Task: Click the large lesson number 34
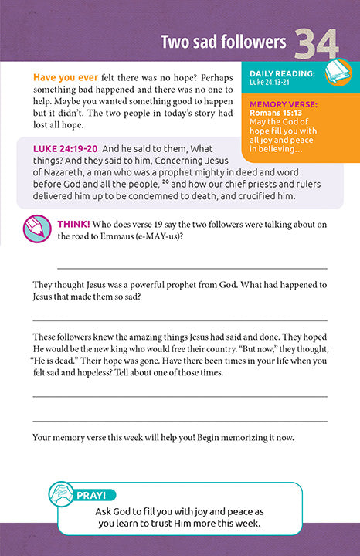pos(317,43)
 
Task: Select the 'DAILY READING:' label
pos(281,73)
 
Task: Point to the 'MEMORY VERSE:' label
pos(283,103)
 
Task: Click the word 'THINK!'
pos(75,225)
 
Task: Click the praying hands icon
pos(63,494)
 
